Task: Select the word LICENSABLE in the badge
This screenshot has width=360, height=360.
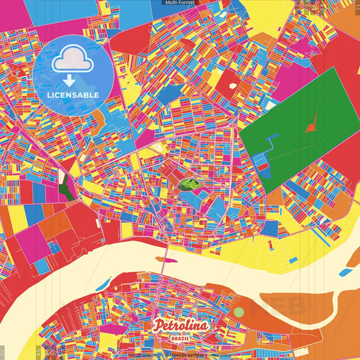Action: tap(73, 95)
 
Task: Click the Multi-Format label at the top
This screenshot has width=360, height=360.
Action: tap(180, 3)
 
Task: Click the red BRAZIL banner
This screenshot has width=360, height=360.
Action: tap(181, 336)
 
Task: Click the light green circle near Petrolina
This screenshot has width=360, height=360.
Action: tap(238, 313)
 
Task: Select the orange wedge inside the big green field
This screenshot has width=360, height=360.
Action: tap(311, 124)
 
